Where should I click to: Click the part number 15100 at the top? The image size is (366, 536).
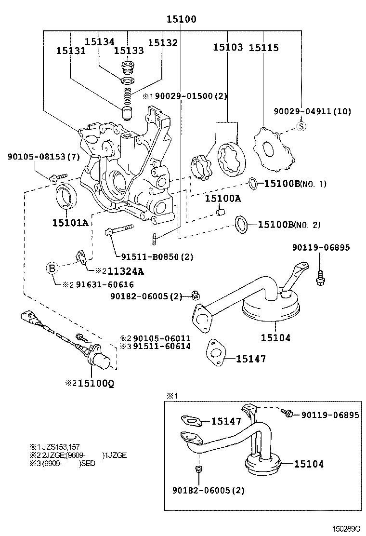point(182,19)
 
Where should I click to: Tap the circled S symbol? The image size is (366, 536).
point(301,127)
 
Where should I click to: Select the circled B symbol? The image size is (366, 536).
point(53,269)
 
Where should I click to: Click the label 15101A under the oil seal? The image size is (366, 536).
point(70,223)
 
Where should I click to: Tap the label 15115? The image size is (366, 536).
point(263,48)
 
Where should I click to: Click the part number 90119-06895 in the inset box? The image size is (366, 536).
point(330,415)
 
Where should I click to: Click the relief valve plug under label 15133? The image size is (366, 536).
point(128,66)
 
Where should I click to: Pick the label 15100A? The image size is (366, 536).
point(223,198)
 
